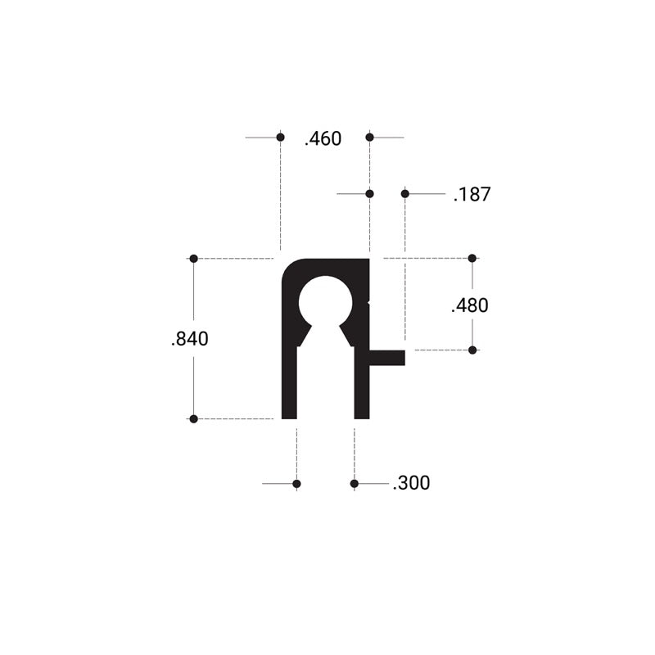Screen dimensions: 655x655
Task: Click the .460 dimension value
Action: [323, 139]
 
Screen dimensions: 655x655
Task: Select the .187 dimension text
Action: [472, 195]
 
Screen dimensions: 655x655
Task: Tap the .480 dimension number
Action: [470, 305]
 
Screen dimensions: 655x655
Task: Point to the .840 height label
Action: [190, 339]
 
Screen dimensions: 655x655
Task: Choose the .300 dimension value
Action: [411, 483]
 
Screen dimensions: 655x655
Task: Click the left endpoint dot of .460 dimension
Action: [280, 137]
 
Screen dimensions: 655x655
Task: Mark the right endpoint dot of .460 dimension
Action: [369, 137]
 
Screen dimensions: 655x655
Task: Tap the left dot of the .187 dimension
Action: [369, 193]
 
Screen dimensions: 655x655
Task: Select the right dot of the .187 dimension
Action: [404, 193]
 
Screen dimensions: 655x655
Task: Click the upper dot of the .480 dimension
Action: [472, 259]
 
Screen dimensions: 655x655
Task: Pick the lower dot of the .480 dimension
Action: [472, 350]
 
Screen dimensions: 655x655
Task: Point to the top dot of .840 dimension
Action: [194, 259]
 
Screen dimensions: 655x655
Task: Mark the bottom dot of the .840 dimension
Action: [194, 419]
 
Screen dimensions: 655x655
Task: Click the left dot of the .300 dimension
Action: [296, 484]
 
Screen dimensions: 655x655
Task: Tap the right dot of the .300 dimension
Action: [354, 484]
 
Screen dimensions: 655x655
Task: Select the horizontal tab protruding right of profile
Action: [388, 357]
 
